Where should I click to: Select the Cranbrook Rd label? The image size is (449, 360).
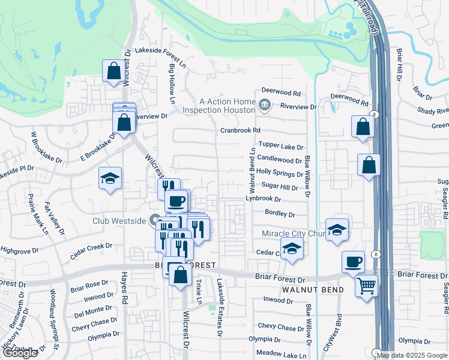[240, 130]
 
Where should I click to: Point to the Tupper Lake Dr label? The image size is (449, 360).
[281, 146]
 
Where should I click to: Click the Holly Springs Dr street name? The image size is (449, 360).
[279, 173]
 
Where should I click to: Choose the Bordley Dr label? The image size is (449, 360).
[280, 214]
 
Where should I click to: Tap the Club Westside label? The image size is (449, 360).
[119, 221]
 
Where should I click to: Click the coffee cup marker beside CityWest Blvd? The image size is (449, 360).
[353, 261]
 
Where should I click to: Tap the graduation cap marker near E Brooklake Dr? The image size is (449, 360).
[110, 178]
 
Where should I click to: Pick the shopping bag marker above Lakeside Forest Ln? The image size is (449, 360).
[113, 71]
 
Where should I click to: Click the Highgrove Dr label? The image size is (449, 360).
[19, 250]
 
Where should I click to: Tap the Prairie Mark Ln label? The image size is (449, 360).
[29, 211]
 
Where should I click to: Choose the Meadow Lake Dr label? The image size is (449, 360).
[277, 353]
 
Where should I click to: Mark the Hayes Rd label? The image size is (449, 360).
[124, 293]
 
